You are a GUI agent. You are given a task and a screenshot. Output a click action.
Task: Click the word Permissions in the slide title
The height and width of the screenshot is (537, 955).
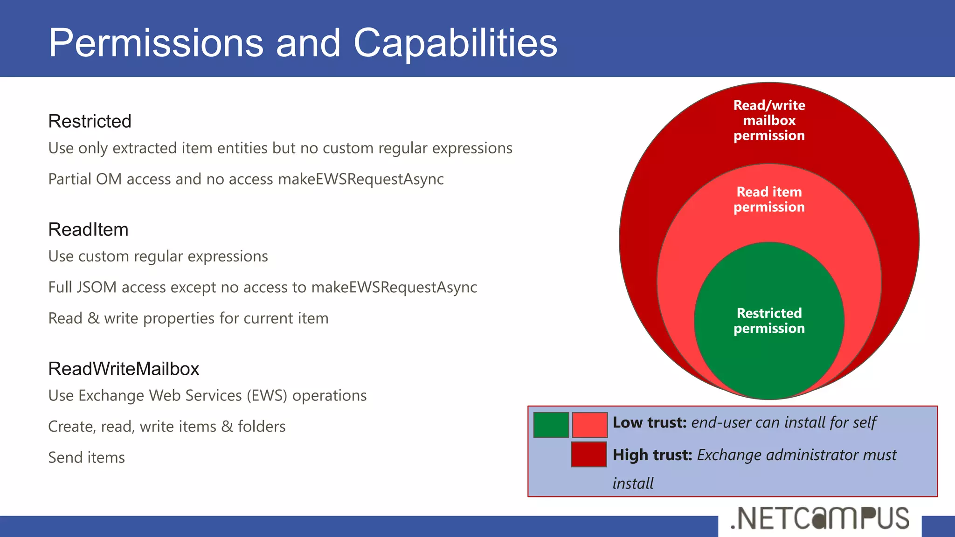tap(156, 43)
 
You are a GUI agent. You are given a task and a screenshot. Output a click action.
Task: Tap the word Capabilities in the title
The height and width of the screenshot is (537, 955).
tap(455, 43)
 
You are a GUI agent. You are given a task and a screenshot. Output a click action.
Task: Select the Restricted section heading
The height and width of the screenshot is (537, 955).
tap(90, 121)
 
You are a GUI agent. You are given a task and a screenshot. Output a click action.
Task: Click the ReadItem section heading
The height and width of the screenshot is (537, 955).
tap(88, 229)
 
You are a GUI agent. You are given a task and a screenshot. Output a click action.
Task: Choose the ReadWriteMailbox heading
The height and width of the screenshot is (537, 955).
tap(124, 369)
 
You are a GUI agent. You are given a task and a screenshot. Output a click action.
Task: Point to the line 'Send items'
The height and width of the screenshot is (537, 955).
tap(87, 457)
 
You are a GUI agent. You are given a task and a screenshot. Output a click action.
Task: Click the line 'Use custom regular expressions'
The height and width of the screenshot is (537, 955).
tap(158, 256)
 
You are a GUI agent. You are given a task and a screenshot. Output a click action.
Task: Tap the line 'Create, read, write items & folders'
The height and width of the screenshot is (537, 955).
tap(167, 426)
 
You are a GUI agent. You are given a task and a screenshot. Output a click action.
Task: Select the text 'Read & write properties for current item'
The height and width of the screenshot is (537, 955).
tap(188, 318)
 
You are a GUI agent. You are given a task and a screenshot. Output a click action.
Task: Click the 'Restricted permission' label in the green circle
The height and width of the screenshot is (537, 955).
tap(769, 321)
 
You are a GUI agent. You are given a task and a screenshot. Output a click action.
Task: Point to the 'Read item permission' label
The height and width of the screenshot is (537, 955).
tap(769, 199)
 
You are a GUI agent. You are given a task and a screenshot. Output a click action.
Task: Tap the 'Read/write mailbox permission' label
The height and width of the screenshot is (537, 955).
tap(769, 120)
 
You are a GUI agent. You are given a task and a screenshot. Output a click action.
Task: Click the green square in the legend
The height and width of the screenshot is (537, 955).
tap(551, 425)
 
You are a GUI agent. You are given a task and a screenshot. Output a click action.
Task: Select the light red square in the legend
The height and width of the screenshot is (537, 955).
tap(589, 425)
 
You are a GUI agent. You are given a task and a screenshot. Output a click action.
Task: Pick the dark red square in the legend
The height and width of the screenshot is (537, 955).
tap(588, 454)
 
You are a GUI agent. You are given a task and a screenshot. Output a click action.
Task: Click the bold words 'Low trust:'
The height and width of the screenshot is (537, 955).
tap(649, 422)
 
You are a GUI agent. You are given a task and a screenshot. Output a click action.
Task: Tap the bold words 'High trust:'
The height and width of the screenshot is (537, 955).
tap(652, 454)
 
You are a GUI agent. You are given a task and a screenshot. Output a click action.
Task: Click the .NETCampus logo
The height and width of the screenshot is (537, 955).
tap(820, 518)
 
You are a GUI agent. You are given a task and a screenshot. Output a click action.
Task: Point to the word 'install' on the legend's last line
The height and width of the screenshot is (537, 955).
tap(633, 483)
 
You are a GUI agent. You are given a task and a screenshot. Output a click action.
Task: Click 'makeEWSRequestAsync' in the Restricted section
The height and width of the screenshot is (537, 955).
tap(360, 179)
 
